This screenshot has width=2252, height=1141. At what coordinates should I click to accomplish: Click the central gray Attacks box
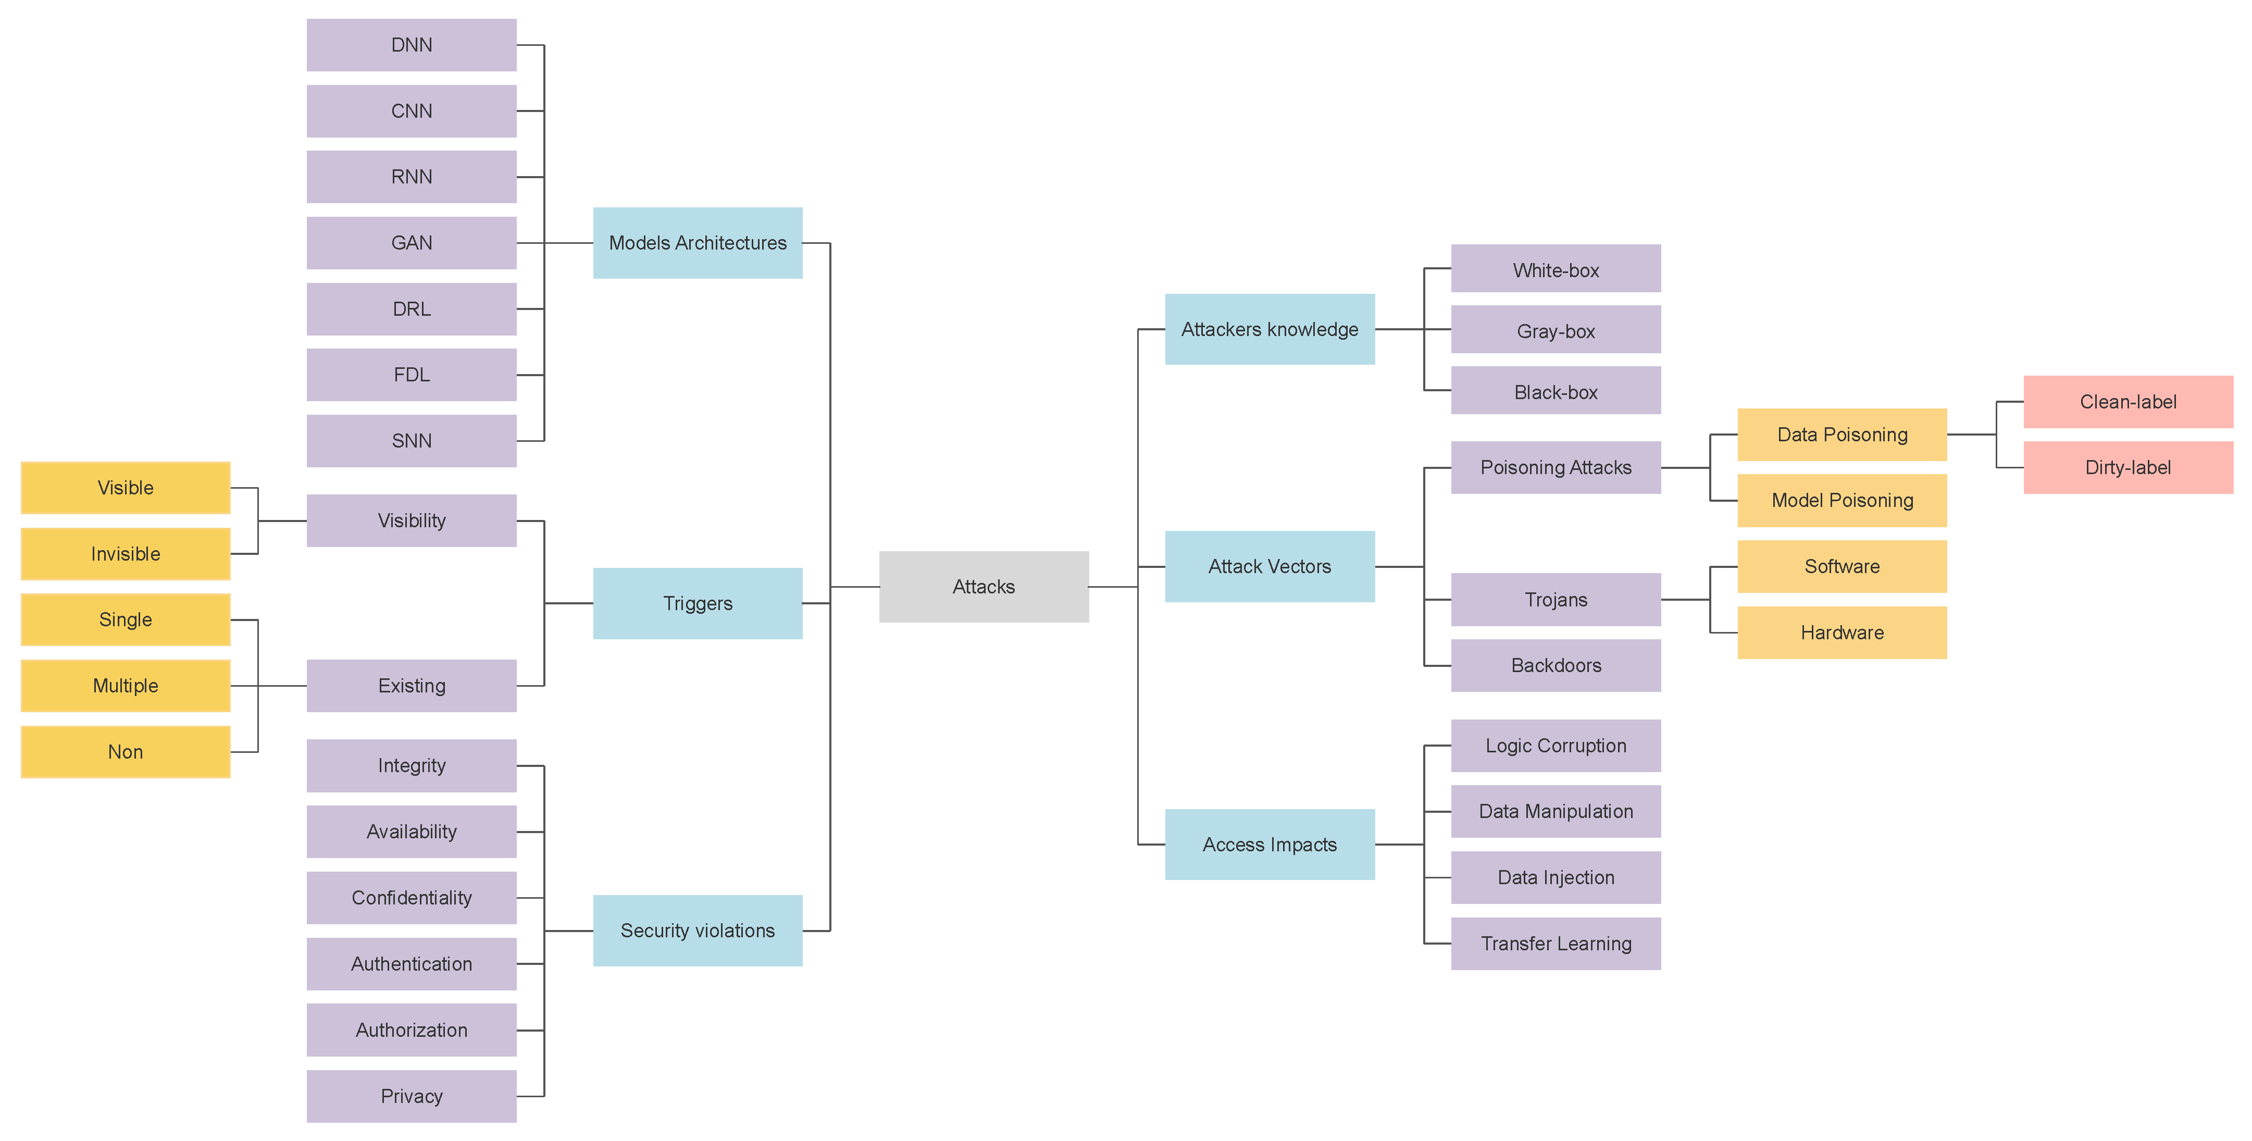pyautogui.click(x=984, y=587)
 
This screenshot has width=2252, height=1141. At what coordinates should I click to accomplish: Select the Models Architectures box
pyautogui.click(x=697, y=243)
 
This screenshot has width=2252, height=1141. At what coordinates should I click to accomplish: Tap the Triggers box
pyautogui.click(x=697, y=603)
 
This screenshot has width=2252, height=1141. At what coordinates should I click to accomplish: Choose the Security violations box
pyautogui.click(x=697, y=931)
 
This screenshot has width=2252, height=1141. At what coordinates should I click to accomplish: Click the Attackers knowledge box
pyautogui.click(x=1270, y=330)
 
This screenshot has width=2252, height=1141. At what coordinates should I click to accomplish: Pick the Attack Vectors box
pyautogui.click(x=1270, y=566)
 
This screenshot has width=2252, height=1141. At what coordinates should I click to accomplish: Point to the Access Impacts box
pyautogui.click(x=1270, y=845)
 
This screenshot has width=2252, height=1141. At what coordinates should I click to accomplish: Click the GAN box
pyautogui.click(x=411, y=243)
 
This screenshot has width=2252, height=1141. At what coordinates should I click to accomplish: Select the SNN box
pyautogui.click(x=411, y=441)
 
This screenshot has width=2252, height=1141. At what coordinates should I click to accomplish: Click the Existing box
pyautogui.click(x=411, y=686)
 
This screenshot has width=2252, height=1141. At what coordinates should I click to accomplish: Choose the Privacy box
pyautogui.click(x=411, y=1096)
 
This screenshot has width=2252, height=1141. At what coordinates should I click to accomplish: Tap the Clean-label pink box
pyautogui.click(x=2128, y=402)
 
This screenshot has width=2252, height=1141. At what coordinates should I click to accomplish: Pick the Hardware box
pyautogui.click(x=1842, y=632)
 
